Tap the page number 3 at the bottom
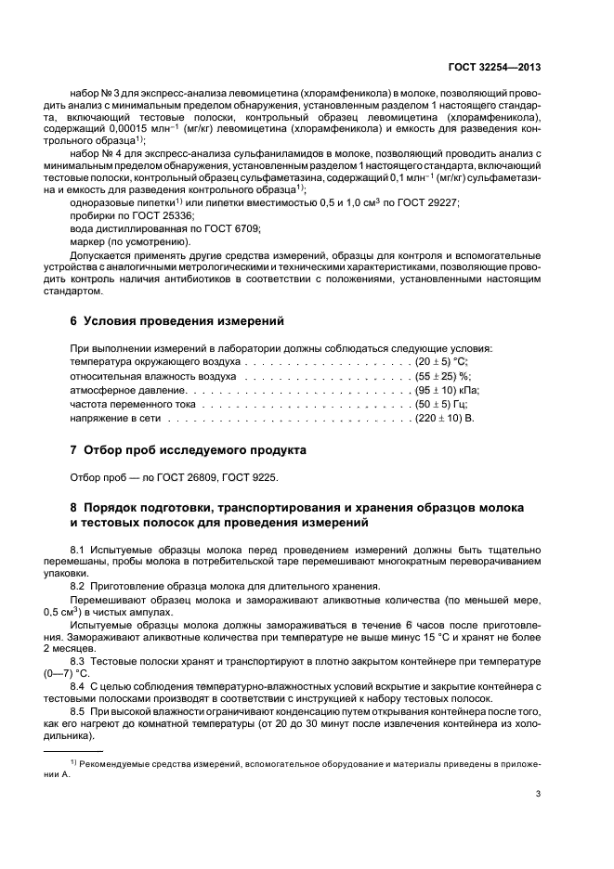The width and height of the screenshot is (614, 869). (x=540, y=794)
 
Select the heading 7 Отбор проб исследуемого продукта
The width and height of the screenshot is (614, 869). (x=188, y=450)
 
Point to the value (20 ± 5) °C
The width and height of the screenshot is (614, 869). (x=440, y=361)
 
